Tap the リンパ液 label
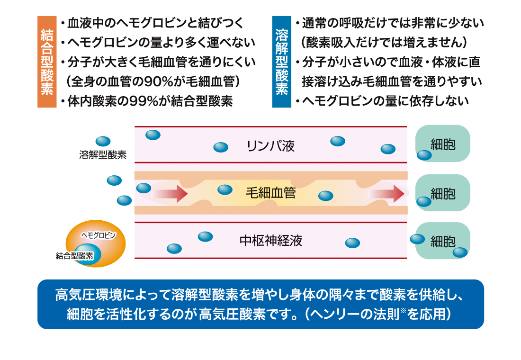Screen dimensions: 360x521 click(270, 146)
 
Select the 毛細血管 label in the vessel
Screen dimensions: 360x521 click(270, 193)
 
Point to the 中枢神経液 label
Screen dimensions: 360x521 click(270, 241)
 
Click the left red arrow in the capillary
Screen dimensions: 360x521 click(169, 193)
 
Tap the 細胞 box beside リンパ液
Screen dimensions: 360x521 click(443, 144)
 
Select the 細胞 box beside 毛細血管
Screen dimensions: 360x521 click(443, 193)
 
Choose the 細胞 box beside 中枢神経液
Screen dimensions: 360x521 click(443, 241)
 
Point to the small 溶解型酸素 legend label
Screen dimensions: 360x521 click(103, 155)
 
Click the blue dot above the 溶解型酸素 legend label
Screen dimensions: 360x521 click(103, 141)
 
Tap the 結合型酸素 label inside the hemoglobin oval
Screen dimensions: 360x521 click(74, 256)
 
